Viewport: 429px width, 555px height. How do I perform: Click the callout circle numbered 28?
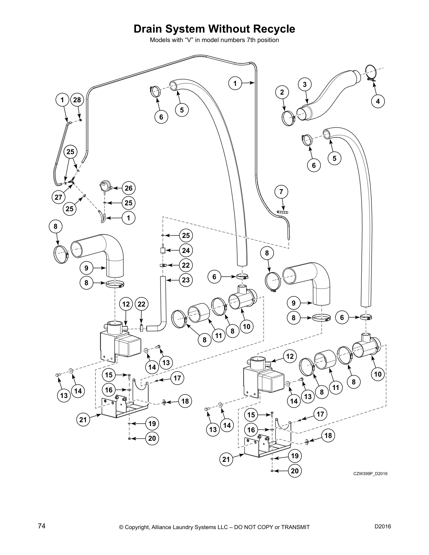pos(77,100)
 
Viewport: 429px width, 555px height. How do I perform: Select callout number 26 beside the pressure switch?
pos(129,188)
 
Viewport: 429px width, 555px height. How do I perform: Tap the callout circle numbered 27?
pos(58,197)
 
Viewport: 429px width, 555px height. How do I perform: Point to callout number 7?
pos(281,192)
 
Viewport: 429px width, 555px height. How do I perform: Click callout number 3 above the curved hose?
pos(305,84)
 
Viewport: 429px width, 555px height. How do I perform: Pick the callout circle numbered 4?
pos(377,101)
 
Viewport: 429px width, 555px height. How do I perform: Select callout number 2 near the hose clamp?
pos(282,92)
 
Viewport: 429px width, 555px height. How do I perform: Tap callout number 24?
pos(186,250)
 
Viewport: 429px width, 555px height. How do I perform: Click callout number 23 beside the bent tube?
pos(186,280)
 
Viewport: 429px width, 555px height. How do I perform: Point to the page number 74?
pos(41,526)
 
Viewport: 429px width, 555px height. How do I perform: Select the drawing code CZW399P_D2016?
pos(370,474)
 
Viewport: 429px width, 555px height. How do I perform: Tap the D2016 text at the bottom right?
pos(383,526)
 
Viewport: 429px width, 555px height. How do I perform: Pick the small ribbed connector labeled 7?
pos(282,212)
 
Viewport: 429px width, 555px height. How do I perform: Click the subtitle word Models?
pos(159,40)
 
